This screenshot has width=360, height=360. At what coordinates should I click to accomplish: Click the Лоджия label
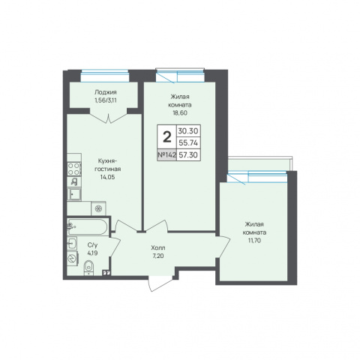click(x=106, y=92)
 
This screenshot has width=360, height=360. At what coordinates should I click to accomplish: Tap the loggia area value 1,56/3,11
click(x=106, y=100)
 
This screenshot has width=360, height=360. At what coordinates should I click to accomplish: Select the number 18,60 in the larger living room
click(x=180, y=112)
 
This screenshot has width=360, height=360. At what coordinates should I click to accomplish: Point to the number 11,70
click(x=254, y=241)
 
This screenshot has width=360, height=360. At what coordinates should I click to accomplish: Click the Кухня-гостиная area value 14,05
click(x=107, y=177)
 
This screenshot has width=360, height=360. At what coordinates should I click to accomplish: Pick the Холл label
click(x=158, y=248)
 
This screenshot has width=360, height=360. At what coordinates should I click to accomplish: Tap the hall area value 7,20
click(x=158, y=256)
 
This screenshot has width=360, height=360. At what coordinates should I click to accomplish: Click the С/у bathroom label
click(x=92, y=245)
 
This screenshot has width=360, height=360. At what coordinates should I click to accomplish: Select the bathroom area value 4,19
click(x=92, y=253)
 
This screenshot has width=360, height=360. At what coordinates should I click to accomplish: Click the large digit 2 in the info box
click(x=167, y=137)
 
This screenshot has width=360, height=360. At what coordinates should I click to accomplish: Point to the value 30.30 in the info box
click(x=188, y=130)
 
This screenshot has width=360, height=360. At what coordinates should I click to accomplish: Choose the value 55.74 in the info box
click(x=188, y=142)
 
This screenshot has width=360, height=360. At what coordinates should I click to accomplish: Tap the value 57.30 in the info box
click(x=188, y=155)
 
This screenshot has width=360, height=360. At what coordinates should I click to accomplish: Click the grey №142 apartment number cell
click(x=166, y=155)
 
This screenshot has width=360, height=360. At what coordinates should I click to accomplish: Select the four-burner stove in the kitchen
click(x=74, y=169)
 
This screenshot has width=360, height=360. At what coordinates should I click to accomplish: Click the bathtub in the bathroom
click(x=88, y=226)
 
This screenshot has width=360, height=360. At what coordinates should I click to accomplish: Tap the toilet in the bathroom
click(x=88, y=268)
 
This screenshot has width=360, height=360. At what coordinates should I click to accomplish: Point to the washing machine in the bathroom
click(x=73, y=258)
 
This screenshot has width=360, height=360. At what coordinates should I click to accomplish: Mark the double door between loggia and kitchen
click(x=109, y=118)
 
